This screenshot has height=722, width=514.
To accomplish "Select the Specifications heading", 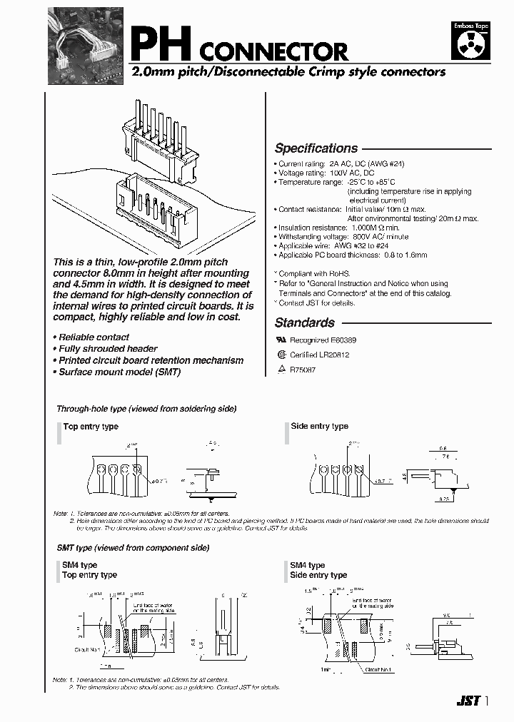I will pyautogui.click(x=316, y=148).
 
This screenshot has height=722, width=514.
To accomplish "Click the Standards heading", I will pyautogui.click(x=305, y=322).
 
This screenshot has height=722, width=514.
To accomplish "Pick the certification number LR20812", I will pyautogui.click(x=329, y=355).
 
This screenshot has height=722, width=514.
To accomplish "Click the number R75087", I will pyautogui.click(x=303, y=369).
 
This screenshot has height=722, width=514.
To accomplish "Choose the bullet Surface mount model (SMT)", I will pyautogui.click(x=119, y=372).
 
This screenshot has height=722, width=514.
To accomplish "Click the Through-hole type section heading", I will pyautogui.click(x=146, y=409).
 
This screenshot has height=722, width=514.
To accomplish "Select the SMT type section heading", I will pyautogui.click(x=133, y=548).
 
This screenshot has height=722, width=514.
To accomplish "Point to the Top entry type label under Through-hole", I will pyautogui.click(x=91, y=427).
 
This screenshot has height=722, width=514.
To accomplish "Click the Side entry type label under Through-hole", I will pyautogui.click(x=319, y=427).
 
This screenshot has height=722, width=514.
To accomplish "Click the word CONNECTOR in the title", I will pyautogui.click(x=272, y=51).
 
